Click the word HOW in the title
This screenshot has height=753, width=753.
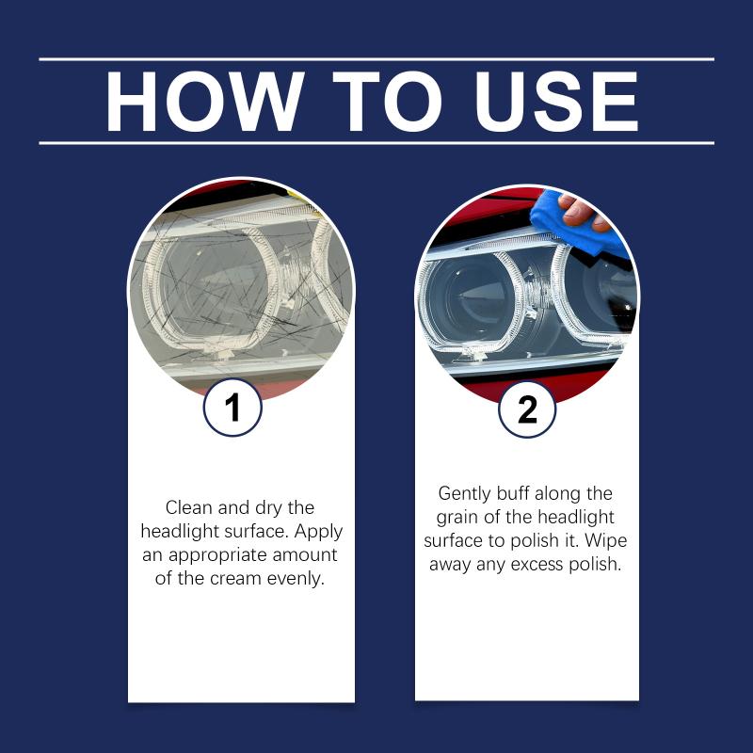coord(205,102)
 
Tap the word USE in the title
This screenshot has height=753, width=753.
coord(556,102)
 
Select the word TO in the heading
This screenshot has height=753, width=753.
coord(387,102)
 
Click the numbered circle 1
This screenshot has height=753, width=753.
coord(232,408)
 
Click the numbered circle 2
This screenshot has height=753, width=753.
coord(527,409)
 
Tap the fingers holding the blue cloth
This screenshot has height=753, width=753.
coord(584,211)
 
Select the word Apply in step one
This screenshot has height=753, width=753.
coord(318,532)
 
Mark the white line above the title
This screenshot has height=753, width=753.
coord(376,59)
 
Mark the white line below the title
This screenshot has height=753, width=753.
coord(376,143)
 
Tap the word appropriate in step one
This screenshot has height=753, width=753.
coord(218,556)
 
